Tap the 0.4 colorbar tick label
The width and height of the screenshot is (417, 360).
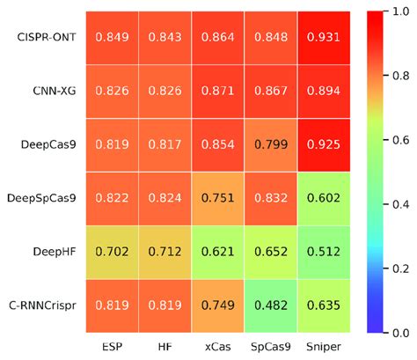pos(394,203)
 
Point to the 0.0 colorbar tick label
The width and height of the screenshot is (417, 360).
pos(394,332)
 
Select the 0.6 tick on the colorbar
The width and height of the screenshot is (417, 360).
pos(394,139)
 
